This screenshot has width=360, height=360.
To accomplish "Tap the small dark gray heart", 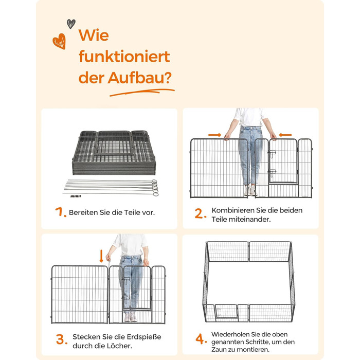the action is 71,24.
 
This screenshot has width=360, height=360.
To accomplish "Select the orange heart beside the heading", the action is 60,41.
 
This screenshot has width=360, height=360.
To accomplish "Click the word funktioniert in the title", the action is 124,56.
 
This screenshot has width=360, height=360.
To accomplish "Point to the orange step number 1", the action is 60,212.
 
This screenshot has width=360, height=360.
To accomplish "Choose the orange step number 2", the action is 200,213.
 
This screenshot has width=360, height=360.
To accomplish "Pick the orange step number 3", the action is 62,339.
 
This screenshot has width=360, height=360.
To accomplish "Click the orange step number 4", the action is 201,339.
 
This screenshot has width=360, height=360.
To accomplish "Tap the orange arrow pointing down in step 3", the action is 101,256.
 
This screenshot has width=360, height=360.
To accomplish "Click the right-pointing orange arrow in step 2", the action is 214,135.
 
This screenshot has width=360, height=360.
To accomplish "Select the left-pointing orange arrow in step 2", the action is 285,135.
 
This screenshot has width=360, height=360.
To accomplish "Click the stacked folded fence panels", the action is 114,152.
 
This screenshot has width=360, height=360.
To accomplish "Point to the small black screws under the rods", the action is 76,196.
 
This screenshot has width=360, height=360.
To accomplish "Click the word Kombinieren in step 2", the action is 231,210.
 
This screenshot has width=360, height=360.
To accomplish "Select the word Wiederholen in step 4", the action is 230,334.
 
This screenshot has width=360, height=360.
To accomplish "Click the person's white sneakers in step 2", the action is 249,190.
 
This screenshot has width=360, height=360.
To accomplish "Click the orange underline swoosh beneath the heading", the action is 142,92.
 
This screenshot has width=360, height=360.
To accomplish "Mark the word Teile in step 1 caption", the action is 132,212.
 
